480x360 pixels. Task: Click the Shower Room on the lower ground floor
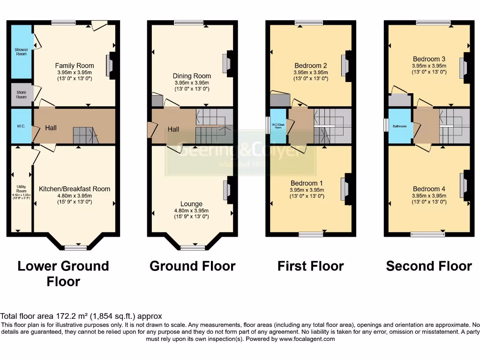tap(21, 52)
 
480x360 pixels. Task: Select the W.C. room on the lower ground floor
tap(21, 126)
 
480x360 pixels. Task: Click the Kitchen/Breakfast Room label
tap(75, 189)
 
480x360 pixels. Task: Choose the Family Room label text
tap(75, 66)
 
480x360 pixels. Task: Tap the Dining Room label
tap(192, 76)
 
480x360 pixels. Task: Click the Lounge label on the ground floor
tap(192, 204)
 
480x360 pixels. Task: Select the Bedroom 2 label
tap(311, 66)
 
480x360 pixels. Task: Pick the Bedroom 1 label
tap(307, 183)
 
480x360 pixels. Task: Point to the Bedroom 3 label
tap(429, 59)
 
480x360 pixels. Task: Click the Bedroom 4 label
tap(429, 189)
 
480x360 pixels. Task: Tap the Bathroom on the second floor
tap(400, 126)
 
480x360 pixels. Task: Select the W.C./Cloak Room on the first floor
tap(278, 126)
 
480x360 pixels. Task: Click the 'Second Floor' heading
tap(429, 266)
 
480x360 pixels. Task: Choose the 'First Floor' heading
tap(311, 266)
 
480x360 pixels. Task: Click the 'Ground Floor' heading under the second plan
tap(192, 266)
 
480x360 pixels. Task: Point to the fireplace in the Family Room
tap(110, 65)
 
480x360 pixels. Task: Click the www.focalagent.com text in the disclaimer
tap(307, 339)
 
